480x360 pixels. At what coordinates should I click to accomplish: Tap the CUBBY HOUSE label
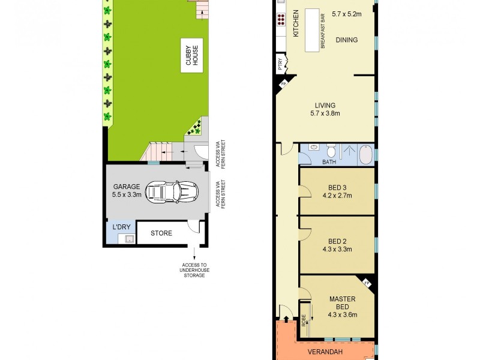(x=191, y=56)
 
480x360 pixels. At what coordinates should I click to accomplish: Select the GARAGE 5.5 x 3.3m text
(x=126, y=190)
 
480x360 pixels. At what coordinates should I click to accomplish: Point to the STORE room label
(x=161, y=233)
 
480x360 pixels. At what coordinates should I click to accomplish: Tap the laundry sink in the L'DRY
(x=128, y=239)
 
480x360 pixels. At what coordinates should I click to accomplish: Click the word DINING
(x=347, y=40)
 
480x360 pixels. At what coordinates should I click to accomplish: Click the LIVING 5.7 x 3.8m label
(x=325, y=109)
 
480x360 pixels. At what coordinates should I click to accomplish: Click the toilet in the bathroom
(x=329, y=149)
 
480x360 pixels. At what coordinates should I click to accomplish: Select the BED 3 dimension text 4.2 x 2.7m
(x=338, y=195)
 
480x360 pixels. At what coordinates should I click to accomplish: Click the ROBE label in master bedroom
(x=304, y=320)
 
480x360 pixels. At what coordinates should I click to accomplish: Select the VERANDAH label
(x=326, y=352)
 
